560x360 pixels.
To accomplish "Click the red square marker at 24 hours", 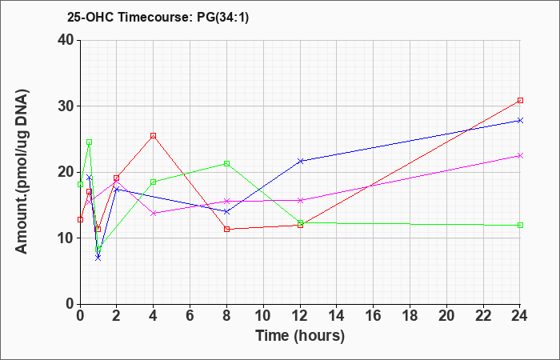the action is pos(520,100).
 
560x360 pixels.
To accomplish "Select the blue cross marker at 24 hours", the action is pos(520,120).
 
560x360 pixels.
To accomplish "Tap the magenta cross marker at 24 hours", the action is pos(520,156).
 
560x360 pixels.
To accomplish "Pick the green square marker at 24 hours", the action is pos(520,225).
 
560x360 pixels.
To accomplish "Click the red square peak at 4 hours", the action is pos(154,136).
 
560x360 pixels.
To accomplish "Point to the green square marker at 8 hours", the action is pos(226,163).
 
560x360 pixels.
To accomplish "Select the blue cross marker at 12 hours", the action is pos(300,161).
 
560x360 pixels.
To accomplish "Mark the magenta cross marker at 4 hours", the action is pos(154,214).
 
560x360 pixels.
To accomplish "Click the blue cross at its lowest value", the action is pos(98,258).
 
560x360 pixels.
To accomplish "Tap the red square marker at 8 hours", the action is pos(226,230).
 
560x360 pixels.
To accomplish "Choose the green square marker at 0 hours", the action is pos(80,184).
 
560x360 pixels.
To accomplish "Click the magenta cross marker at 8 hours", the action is pos(226,201).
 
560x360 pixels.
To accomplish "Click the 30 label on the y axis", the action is pos(66,106).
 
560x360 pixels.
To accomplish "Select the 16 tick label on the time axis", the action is pos(374,315).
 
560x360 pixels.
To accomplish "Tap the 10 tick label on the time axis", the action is pos(263,315).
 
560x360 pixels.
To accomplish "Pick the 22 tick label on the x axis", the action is pos(483,315).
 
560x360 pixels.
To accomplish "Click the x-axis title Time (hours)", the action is pos(300,336).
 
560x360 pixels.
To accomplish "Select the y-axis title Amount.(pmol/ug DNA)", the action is pos(22,171).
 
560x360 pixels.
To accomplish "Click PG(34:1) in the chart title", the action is pos(223,17).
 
